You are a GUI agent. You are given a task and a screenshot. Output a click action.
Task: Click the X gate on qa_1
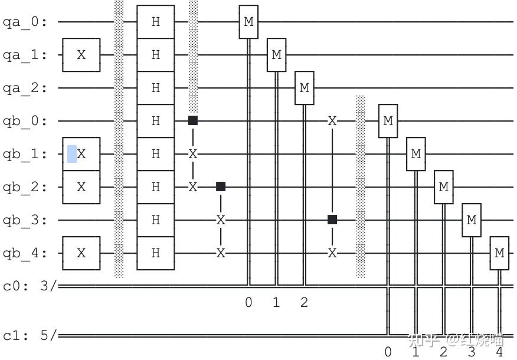[x=81, y=54]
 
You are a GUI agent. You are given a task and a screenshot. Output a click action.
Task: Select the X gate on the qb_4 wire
[x=81, y=253]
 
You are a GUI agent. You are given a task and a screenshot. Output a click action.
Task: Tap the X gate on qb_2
[x=81, y=186]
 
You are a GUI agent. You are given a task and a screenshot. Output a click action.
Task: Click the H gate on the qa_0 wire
[x=155, y=22]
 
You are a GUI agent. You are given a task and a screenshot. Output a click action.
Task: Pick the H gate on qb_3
[x=155, y=220]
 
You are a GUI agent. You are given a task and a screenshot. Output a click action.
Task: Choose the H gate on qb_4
[x=155, y=253]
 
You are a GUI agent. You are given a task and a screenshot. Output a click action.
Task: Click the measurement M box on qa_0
[x=248, y=22]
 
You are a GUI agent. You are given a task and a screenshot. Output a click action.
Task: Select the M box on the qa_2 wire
[x=304, y=87]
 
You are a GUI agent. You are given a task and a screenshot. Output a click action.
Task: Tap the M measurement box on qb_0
[x=388, y=120]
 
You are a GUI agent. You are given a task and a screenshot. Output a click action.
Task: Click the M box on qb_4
[x=499, y=253]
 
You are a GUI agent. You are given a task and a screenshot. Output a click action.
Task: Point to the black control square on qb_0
[x=192, y=120]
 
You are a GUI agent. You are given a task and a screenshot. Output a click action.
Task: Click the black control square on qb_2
[x=221, y=186]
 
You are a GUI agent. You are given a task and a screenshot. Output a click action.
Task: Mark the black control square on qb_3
[x=332, y=220]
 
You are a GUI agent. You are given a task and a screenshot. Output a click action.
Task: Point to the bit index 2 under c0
[x=304, y=303]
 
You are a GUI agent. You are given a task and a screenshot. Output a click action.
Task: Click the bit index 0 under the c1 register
[x=388, y=352]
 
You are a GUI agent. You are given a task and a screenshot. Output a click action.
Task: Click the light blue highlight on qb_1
[x=71, y=153]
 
